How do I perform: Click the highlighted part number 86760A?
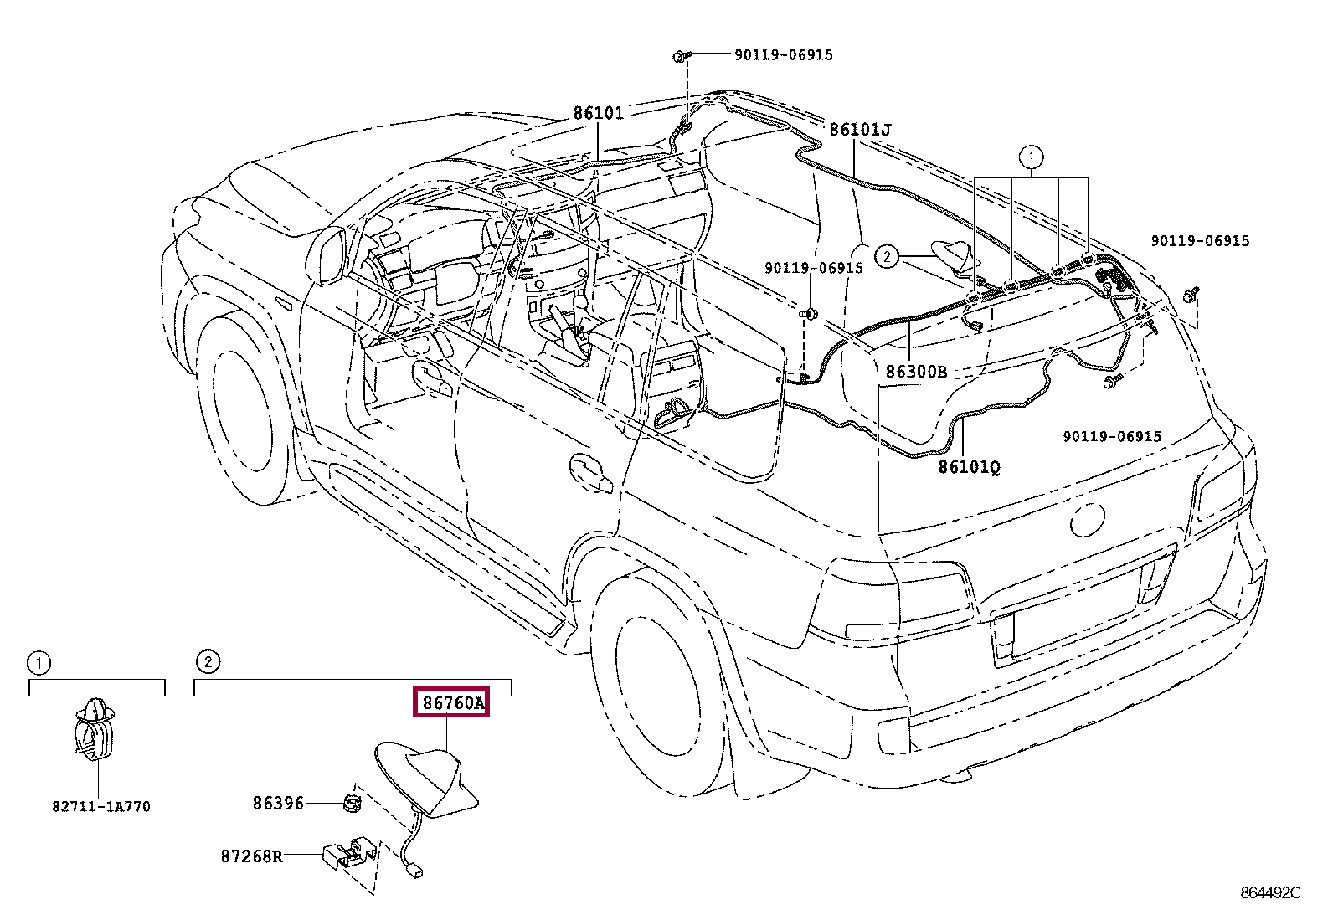[452, 703]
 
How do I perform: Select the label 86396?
[278, 804]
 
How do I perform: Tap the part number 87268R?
[252, 856]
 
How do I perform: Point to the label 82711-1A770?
[101, 807]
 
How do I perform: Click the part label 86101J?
[860, 130]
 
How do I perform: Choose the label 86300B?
[916, 372]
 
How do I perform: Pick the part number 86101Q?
[970, 467]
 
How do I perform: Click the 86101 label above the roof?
[598, 112]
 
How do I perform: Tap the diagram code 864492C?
[1270, 893]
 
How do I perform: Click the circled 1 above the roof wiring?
[1031, 157]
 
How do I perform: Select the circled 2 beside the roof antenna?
[887, 257]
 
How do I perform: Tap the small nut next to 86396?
[353, 804]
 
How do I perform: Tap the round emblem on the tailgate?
[1087, 520]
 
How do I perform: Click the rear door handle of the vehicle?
[591, 473]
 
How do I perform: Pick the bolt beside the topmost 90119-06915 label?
[682, 56]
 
